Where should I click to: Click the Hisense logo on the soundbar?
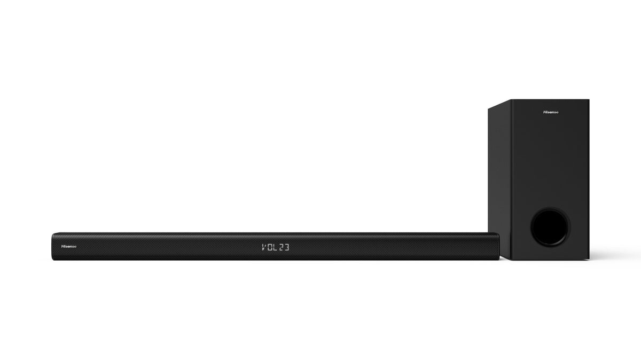pyautogui.click(x=69, y=246)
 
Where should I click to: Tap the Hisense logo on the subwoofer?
pyautogui.click(x=551, y=113)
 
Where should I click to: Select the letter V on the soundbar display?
pyautogui.click(x=264, y=247)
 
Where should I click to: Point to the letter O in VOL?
pyautogui.click(x=271, y=247)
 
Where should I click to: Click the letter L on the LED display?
pyautogui.click(x=278, y=247)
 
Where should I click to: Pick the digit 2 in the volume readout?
pyautogui.click(x=286, y=247)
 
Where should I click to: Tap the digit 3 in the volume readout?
pyautogui.click(x=293, y=247)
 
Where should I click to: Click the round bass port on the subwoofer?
pyautogui.click(x=550, y=227)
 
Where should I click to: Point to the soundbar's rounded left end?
pyautogui.click(x=54, y=246)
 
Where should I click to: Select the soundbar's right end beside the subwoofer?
pyautogui.click(x=498, y=246)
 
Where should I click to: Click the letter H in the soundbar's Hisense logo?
pyautogui.click(x=63, y=246)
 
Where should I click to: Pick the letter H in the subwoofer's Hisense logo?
pyautogui.click(x=544, y=113)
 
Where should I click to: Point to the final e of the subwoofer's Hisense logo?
pyautogui.click(x=557, y=113)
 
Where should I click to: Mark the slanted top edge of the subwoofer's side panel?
pyautogui.click(x=498, y=105)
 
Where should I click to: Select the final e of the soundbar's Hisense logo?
pyautogui.click(x=75, y=246)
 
